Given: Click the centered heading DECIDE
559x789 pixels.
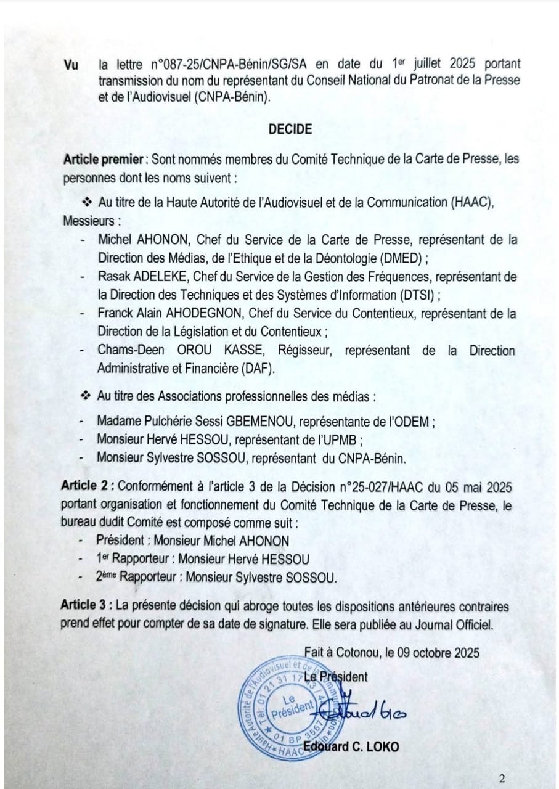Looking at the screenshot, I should [x=290, y=129].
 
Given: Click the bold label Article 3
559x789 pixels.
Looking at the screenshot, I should [x=86, y=606].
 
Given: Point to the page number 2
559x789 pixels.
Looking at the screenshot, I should [x=502, y=778].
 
